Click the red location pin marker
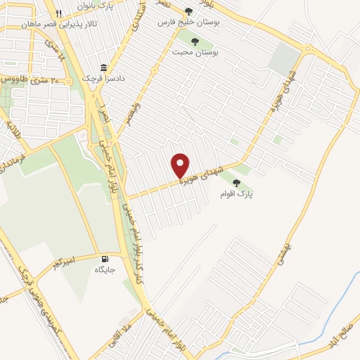click(x=181, y=165)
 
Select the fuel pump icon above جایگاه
click(x=105, y=258)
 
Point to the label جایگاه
click(x=105, y=269)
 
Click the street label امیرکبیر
click(x=63, y=264)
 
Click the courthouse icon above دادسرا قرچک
click(x=104, y=67)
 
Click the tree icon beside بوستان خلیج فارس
click(x=188, y=11)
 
